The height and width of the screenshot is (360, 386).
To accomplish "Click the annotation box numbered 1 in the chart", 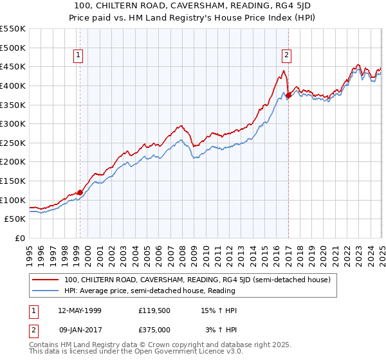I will pos(77,56).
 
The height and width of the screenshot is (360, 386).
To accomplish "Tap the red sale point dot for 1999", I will pos(80,192).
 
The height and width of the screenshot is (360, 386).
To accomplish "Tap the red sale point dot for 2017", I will pos(288,96).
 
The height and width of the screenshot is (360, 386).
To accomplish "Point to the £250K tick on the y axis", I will pos(13,143).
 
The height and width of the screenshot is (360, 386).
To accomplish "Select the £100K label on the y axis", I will pos(13,200).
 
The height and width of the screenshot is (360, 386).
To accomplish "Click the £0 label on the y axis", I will pos(19,238).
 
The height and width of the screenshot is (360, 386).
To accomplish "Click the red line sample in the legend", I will pos(45,280).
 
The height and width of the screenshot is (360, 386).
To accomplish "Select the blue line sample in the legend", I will pos(45,291).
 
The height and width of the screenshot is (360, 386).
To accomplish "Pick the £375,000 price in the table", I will pos(154,330).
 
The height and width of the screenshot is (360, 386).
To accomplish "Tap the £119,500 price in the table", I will pos(154,310).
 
